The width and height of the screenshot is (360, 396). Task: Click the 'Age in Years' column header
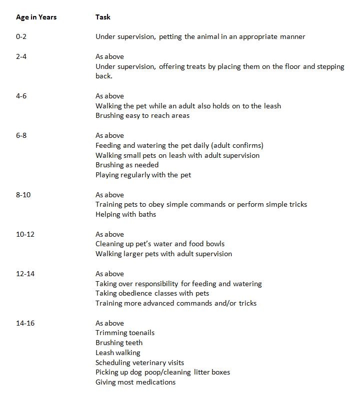tap(36, 17)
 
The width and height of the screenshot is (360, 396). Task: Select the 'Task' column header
tap(102, 17)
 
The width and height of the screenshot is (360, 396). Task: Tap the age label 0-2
tap(21, 36)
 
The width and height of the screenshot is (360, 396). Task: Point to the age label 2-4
tap(21, 56)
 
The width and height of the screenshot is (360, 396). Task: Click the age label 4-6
tap(21, 96)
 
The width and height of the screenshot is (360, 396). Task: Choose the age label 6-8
tap(21, 135)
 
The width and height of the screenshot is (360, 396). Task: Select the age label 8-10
tap(23, 195)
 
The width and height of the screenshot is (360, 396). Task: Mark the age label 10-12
tap(25, 234)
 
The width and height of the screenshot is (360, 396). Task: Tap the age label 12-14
tap(25, 274)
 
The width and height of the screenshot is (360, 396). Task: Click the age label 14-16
tap(25, 323)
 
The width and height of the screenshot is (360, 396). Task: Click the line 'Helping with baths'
tap(125, 214)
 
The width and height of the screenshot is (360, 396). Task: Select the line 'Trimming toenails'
tap(125, 333)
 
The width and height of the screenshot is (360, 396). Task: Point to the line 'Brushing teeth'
tap(119, 343)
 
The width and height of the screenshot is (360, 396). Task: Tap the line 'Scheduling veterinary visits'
tap(139, 363)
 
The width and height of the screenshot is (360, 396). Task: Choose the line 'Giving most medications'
tap(135, 382)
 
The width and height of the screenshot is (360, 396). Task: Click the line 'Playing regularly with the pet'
tap(143, 175)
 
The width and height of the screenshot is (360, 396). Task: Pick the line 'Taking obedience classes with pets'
tap(152, 293)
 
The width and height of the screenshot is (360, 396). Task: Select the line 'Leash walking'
tap(118, 353)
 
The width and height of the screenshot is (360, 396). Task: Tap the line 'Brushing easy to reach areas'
tap(142, 116)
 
